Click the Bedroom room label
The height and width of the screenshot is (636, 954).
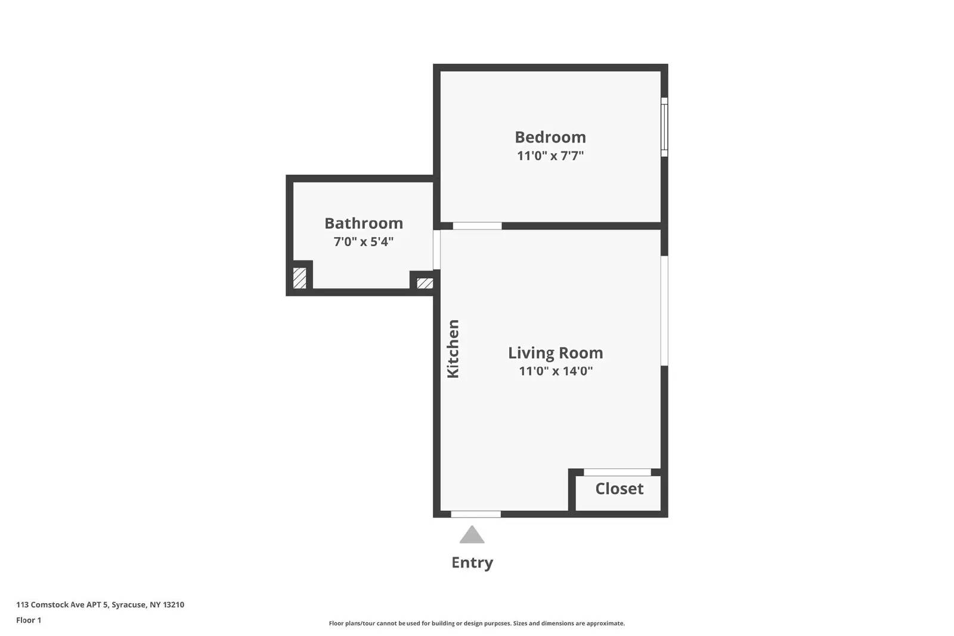point(550,137)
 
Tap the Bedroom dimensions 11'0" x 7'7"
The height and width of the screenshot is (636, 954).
point(550,156)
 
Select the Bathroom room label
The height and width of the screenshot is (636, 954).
point(364,224)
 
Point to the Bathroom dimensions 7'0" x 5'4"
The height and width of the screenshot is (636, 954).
point(364,242)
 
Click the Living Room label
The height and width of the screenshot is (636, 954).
point(555,353)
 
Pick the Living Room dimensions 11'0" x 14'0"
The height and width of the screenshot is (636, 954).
point(555,371)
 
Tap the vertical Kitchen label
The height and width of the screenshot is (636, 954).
point(453,349)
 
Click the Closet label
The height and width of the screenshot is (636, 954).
point(619,489)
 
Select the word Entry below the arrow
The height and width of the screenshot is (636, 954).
point(472,563)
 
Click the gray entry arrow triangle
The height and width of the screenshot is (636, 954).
point(472,536)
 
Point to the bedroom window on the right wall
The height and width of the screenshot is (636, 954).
point(664,127)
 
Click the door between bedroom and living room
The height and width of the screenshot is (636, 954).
point(477,226)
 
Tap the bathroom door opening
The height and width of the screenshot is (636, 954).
point(436,250)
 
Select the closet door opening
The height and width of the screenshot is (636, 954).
point(617,472)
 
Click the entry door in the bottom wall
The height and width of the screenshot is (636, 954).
point(476,514)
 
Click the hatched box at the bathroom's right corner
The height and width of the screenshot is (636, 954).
point(425,283)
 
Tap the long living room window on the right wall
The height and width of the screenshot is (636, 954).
point(664,311)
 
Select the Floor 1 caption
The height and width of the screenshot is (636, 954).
point(29,620)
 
